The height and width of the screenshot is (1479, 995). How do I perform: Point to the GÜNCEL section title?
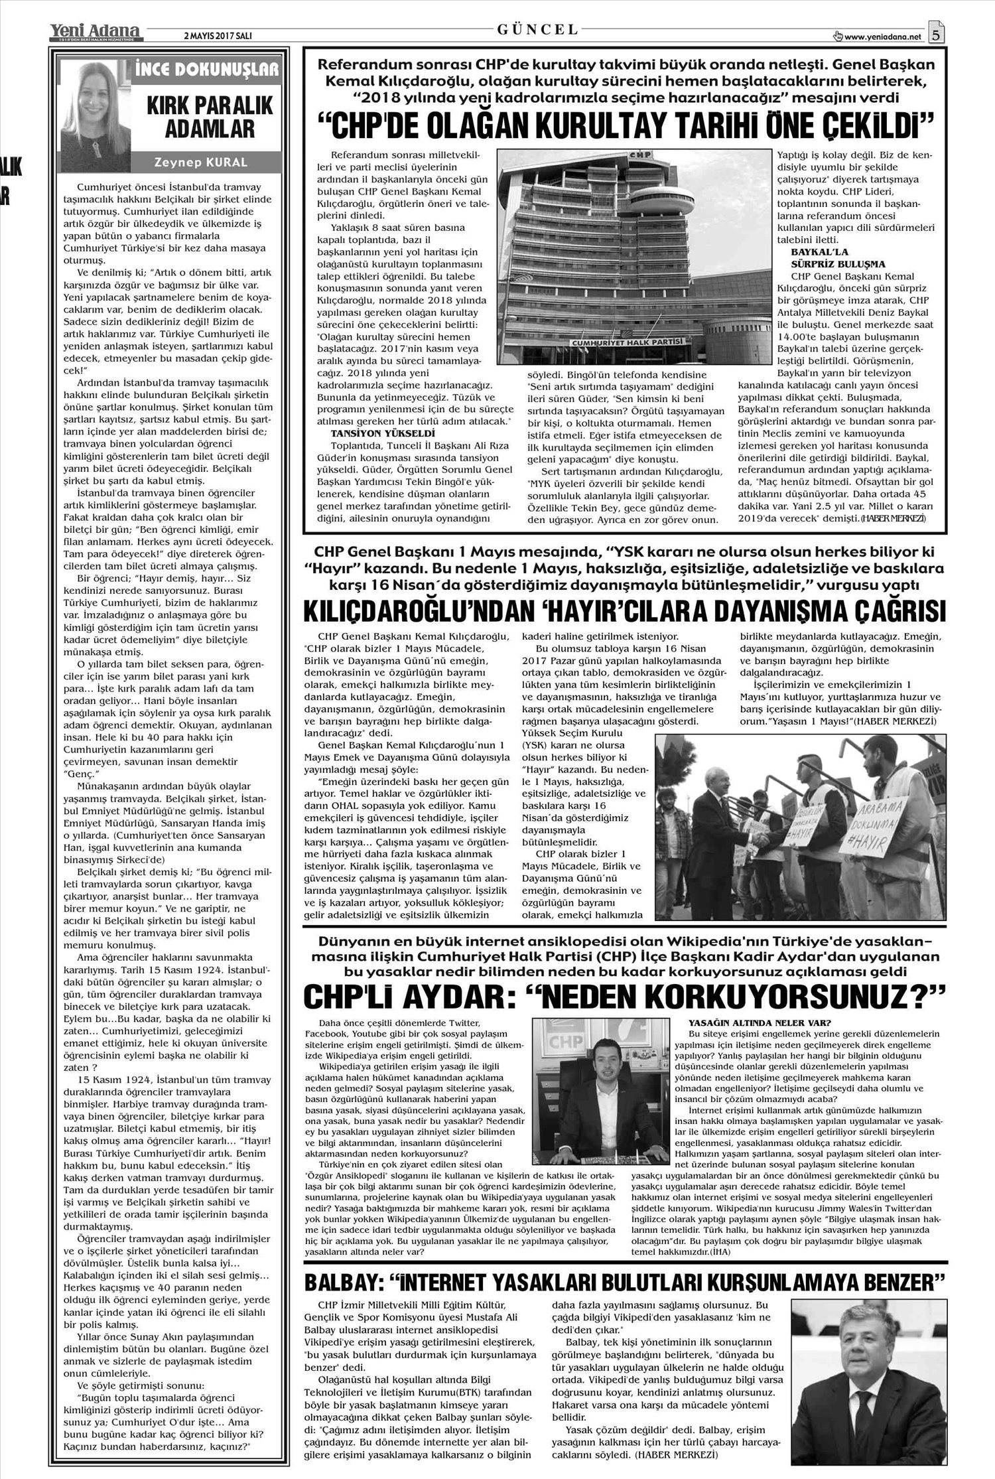coord(538,29)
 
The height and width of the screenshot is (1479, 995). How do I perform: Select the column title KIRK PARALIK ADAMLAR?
coord(201,117)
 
